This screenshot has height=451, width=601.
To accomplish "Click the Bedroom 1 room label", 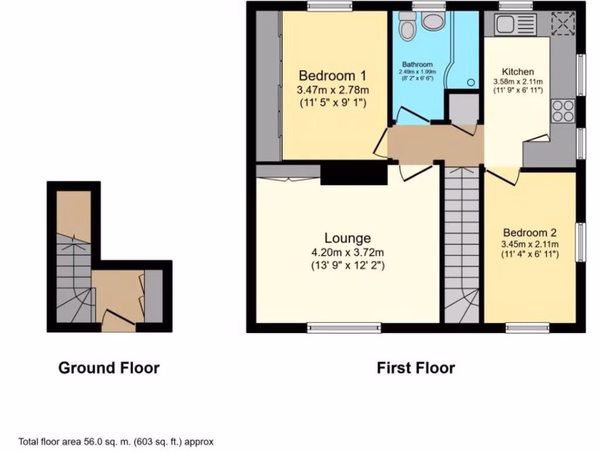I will point(333,76).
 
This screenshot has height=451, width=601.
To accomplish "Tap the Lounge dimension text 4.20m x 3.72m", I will point(347,253).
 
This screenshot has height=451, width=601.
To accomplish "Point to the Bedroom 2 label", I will point(529,233).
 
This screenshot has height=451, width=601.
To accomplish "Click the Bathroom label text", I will point(417,65).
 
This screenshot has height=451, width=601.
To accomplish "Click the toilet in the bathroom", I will point(406,25).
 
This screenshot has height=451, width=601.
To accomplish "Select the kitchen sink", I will point(515,25).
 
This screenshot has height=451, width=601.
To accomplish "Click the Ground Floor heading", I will point(109,368).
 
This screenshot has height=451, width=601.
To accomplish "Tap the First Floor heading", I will point(416,368).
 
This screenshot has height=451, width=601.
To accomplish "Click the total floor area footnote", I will point(116,442).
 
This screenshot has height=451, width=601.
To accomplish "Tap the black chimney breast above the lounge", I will point(354,174).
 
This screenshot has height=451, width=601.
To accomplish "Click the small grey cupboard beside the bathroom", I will point(462,109).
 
